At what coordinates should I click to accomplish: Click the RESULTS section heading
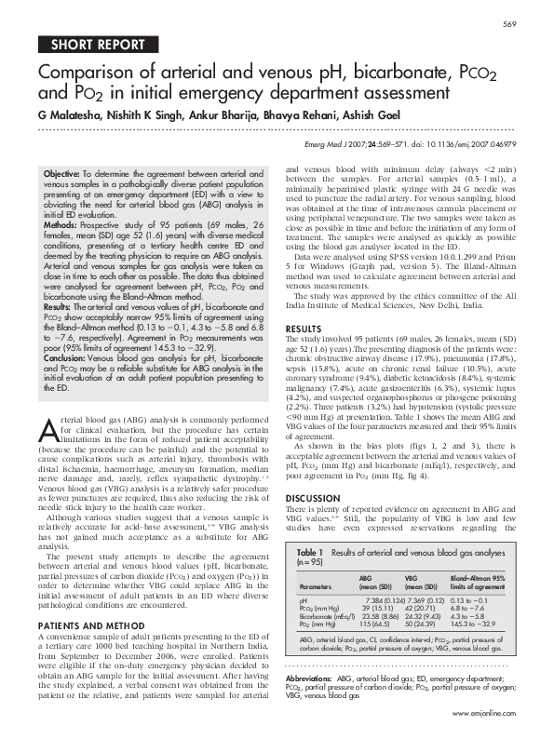[304, 329]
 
